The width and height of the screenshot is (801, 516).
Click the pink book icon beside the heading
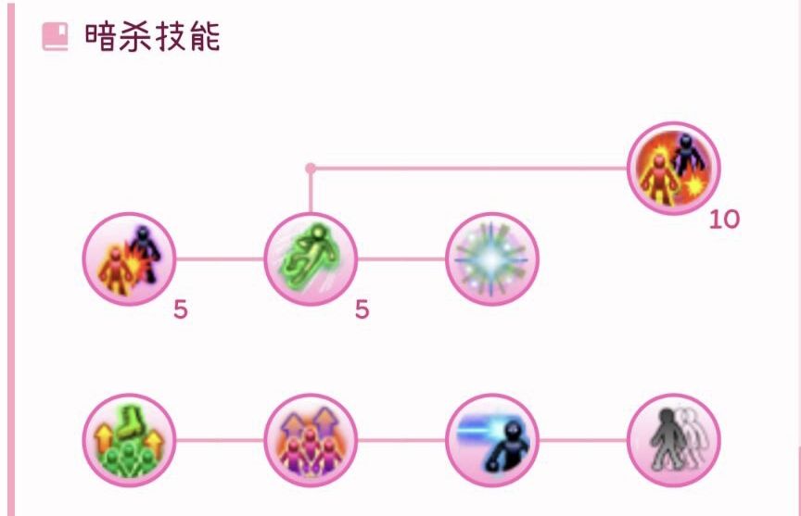55,37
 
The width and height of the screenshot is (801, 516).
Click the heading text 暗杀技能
153,37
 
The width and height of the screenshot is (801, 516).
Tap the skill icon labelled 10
673,168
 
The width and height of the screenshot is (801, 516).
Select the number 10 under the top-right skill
724,220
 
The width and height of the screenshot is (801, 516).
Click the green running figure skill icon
311,258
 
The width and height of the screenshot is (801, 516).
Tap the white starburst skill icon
492,258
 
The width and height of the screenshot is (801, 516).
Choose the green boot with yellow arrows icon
129,440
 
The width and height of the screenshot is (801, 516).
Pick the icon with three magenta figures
311,440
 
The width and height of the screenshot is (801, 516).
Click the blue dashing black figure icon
492,440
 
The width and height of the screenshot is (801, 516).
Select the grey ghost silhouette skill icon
673,440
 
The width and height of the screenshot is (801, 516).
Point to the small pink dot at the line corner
310,168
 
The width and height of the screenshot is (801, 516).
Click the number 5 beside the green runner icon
362,309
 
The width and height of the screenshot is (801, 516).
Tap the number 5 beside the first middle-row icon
181,309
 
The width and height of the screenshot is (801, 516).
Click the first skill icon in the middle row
129,258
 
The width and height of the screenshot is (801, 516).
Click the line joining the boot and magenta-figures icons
220,440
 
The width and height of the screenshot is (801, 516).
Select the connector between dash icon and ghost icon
583,440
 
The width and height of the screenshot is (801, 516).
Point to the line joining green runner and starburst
401,258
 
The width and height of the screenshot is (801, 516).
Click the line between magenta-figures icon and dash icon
401,440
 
